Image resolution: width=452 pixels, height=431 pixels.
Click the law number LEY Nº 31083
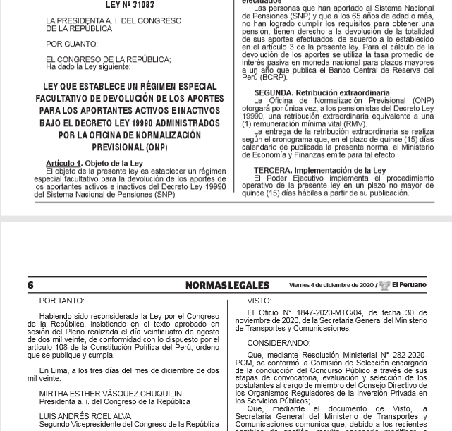[x=130, y=5]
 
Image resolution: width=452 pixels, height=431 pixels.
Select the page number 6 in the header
[x=30, y=285]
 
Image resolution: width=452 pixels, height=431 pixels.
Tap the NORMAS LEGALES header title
[x=227, y=285]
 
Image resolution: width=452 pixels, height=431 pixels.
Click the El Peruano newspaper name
[x=410, y=285]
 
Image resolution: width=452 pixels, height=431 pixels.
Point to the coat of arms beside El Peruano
[x=384, y=286]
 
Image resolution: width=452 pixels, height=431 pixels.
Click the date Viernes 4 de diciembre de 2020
[x=331, y=285]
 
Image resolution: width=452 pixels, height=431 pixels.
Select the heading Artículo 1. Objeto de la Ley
[x=94, y=164]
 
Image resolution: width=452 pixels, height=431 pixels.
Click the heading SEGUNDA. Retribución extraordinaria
[x=322, y=92]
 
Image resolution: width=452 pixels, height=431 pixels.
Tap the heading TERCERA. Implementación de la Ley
[x=320, y=171]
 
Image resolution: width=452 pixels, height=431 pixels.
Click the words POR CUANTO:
[x=72, y=44]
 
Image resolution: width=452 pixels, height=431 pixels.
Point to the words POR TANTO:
[x=61, y=301]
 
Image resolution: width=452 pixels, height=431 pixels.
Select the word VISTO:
[x=259, y=301]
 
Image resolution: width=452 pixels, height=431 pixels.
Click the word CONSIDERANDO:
[x=279, y=344]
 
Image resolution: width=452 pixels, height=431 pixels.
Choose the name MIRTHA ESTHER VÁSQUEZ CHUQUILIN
[x=110, y=394]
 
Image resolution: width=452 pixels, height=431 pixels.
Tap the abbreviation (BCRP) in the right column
[x=255, y=78]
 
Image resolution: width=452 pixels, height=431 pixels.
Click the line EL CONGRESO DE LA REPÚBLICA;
[x=108, y=60]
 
